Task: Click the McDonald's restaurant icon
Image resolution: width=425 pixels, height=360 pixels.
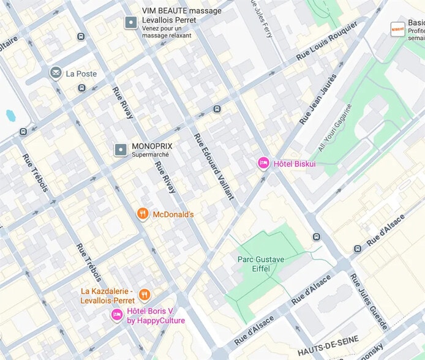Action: [143, 214]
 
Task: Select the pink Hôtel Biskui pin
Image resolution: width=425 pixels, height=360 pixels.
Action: [263, 163]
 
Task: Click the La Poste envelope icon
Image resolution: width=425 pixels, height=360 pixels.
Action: [56, 73]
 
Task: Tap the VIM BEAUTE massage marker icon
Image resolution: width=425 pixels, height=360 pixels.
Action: [130, 23]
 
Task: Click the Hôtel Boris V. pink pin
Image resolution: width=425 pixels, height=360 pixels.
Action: [116, 315]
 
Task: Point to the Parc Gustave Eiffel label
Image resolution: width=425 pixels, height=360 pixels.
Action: [261, 264]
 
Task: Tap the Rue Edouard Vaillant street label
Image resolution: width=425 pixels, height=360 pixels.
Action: [214, 166]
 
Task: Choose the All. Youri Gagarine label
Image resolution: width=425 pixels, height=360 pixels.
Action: [341, 127]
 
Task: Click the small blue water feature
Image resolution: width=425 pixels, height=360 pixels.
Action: [10, 115]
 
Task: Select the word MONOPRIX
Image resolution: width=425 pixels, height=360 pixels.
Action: [152, 147]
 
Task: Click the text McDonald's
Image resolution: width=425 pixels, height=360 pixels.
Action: [173, 214]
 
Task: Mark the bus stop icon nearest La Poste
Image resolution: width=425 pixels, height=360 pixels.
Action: [81, 89]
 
